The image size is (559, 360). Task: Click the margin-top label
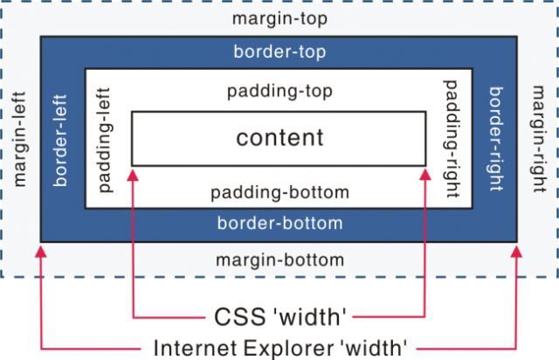pyautogui.click(x=279, y=19)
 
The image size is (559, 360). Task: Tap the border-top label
pyautogui.click(x=279, y=52)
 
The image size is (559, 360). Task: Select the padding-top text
pyautogui.click(x=279, y=92)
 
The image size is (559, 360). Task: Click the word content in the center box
pyautogui.click(x=279, y=138)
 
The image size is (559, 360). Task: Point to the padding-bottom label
pyautogui.click(x=279, y=193)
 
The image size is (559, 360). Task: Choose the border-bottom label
pyautogui.click(x=279, y=224)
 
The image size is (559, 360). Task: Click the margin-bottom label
pyautogui.click(x=279, y=260)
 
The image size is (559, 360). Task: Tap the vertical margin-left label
pyautogui.click(x=20, y=139)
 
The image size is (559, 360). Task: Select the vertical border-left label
pyautogui.click(x=60, y=140)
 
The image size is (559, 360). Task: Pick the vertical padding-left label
pyautogui.click(x=105, y=140)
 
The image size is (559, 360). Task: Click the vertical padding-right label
pyautogui.click(x=452, y=139)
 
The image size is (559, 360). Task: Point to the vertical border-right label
pyautogui.click(x=495, y=139)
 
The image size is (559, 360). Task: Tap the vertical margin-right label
pyautogui.click(x=538, y=139)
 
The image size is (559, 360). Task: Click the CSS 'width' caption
pyautogui.click(x=279, y=317)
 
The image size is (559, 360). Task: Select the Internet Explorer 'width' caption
pyautogui.click(x=279, y=348)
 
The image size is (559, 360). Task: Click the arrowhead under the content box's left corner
pyautogui.click(x=133, y=175)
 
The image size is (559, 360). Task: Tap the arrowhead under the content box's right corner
pyautogui.click(x=425, y=175)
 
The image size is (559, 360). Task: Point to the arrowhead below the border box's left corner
pyautogui.click(x=41, y=252)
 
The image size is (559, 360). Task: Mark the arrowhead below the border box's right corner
pyautogui.click(x=516, y=252)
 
